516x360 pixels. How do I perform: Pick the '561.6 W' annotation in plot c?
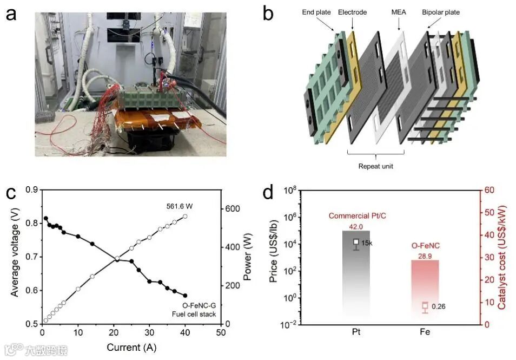[180, 206]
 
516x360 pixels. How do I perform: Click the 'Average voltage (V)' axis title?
[15, 256]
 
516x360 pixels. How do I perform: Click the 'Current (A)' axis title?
[131, 347]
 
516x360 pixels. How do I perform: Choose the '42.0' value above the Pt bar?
[355, 226]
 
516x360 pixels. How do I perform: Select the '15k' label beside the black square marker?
[367, 243]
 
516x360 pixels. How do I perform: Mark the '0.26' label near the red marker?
[438, 306]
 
